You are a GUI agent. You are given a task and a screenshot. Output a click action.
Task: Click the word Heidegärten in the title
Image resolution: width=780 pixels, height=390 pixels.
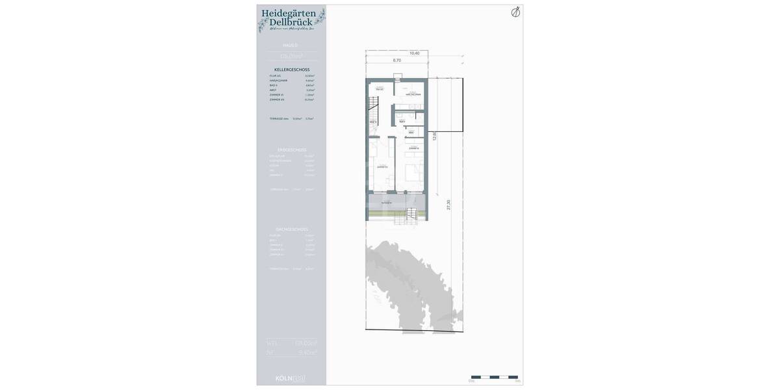(x=289, y=13)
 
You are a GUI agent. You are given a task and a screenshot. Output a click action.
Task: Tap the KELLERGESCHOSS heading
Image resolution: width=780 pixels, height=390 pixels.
(x=292, y=70)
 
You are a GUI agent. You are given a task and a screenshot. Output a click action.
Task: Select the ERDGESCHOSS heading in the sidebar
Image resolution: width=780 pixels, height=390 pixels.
(x=292, y=150)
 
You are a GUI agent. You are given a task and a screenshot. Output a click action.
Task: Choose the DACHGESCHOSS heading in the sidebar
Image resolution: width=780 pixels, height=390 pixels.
(x=292, y=229)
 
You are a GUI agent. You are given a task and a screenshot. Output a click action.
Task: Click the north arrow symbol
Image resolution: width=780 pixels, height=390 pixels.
(x=515, y=12)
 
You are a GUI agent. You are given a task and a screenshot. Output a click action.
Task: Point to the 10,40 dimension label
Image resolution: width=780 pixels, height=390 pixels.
(x=414, y=53)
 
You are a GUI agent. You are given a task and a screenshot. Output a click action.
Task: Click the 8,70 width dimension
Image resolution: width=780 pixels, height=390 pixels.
(x=396, y=60)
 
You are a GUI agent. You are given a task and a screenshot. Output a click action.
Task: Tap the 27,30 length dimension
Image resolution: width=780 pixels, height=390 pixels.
(x=448, y=205)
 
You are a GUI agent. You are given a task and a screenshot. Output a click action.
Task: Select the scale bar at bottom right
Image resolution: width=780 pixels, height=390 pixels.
(x=495, y=377)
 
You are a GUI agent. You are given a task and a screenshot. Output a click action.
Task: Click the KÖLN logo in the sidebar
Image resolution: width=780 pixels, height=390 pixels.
(x=290, y=378)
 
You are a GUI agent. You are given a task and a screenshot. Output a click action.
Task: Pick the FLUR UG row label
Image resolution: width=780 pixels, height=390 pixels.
(x=276, y=76)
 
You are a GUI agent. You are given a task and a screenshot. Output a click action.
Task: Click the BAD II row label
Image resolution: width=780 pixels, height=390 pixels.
(x=274, y=85)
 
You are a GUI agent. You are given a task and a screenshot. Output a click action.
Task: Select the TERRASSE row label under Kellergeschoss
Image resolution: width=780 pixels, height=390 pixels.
(x=279, y=119)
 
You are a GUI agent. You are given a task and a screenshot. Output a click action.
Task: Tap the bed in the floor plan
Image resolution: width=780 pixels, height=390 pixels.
(x=413, y=174)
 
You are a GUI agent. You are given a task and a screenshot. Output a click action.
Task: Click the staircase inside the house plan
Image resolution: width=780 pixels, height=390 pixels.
(x=373, y=103)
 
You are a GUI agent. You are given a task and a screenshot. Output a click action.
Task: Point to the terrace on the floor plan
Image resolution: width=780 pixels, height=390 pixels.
(x=395, y=204)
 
